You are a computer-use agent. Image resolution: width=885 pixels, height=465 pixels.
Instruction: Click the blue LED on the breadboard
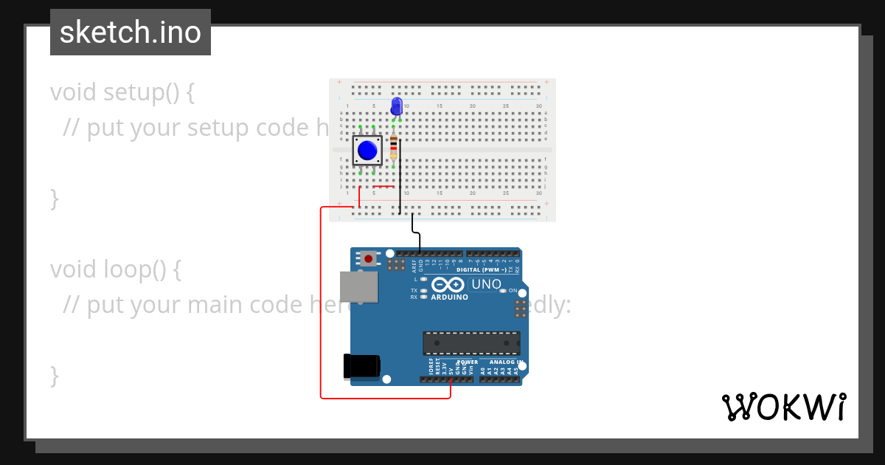tap(397, 105)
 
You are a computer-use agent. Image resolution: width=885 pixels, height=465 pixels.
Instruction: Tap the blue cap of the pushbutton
tap(367, 151)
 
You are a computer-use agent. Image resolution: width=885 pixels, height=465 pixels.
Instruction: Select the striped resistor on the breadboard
tap(393, 147)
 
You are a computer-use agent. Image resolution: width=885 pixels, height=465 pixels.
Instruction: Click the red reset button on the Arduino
tap(368, 258)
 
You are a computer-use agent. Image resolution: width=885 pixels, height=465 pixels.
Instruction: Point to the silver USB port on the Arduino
tap(358, 286)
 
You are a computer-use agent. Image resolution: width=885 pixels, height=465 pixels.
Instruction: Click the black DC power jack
tap(361, 367)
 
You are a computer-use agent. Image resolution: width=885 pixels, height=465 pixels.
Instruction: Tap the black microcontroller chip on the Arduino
tap(471, 343)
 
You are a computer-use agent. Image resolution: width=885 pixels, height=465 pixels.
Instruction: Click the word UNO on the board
tap(486, 284)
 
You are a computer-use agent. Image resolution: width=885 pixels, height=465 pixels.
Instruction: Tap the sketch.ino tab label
tap(131, 32)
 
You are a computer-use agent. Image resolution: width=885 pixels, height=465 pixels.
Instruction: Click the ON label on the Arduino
tap(513, 291)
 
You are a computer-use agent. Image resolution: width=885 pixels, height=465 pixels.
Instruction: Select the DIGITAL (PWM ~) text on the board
tap(482, 270)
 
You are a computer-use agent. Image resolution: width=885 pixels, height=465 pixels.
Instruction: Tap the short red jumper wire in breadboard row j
tap(383, 187)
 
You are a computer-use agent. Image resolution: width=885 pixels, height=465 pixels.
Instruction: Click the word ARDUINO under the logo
tap(449, 297)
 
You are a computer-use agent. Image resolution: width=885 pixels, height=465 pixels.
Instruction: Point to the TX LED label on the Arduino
tap(414, 291)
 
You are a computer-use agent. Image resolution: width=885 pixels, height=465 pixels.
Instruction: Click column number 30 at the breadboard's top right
tap(539, 106)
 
